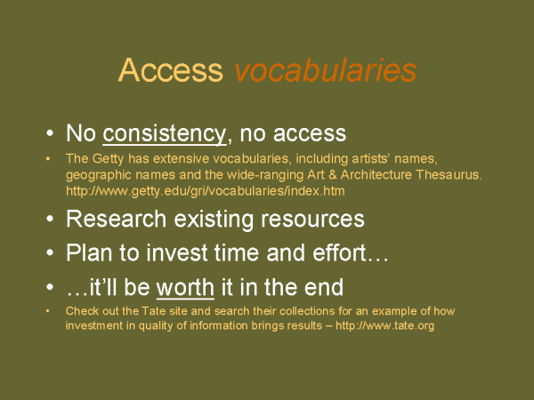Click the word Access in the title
(171, 69)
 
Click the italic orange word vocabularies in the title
(325, 69)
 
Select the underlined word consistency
(164, 133)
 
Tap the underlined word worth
(185, 287)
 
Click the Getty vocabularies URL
(205, 191)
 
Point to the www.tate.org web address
(384, 325)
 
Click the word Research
(116, 219)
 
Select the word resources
(312, 220)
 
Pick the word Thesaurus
(449, 175)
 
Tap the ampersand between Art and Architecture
(333, 175)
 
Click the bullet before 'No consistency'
(50, 133)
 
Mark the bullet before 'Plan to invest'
(50, 252)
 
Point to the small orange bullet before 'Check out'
(48, 311)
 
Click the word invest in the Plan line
(177, 252)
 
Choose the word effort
(339, 252)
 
